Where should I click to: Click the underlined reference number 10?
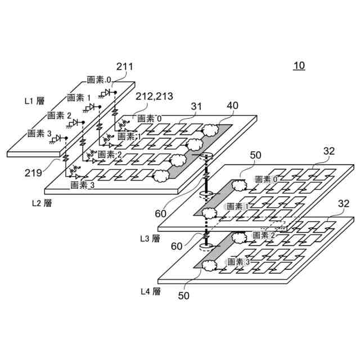tap(299, 66)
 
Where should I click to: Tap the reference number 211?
tap(124, 67)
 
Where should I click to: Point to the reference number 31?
tap(196, 106)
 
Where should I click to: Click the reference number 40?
tap(232, 106)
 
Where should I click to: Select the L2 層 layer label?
tap(42, 202)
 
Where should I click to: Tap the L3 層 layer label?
tap(150, 238)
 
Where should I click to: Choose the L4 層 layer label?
tap(150, 291)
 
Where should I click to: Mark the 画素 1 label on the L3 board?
tap(240, 206)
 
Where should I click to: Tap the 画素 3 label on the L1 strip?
tap(39, 133)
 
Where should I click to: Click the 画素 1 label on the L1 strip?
tap(78, 97)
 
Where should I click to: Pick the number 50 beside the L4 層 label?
tap(184, 294)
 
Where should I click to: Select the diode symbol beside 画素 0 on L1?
tap(107, 92)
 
